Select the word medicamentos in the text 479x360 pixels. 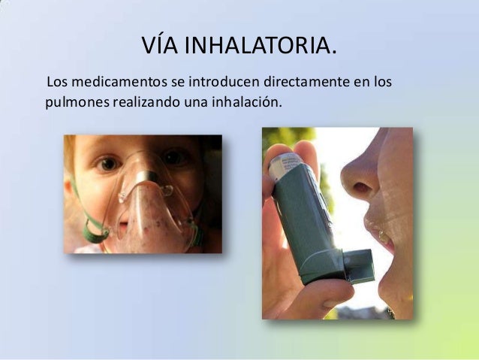(116, 80)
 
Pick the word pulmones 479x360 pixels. (77, 100)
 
